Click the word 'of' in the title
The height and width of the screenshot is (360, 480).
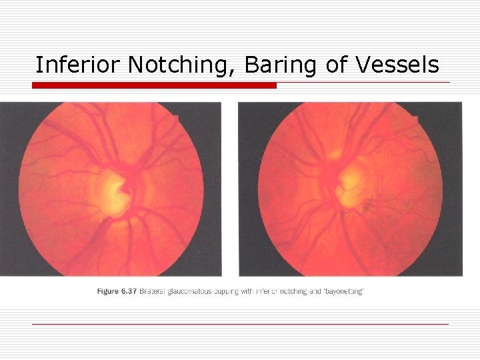click(x=337, y=65)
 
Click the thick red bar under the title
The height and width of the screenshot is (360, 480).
click(x=154, y=85)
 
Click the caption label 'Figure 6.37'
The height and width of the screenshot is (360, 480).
click(x=116, y=291)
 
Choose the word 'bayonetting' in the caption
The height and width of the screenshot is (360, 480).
click(x=344, y=291)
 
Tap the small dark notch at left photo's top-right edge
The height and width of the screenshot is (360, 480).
click(x=176, y=119)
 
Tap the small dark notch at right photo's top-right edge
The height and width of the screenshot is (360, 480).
click(x=415, y=120)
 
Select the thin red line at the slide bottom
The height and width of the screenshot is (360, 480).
click(x=240, y=324)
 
